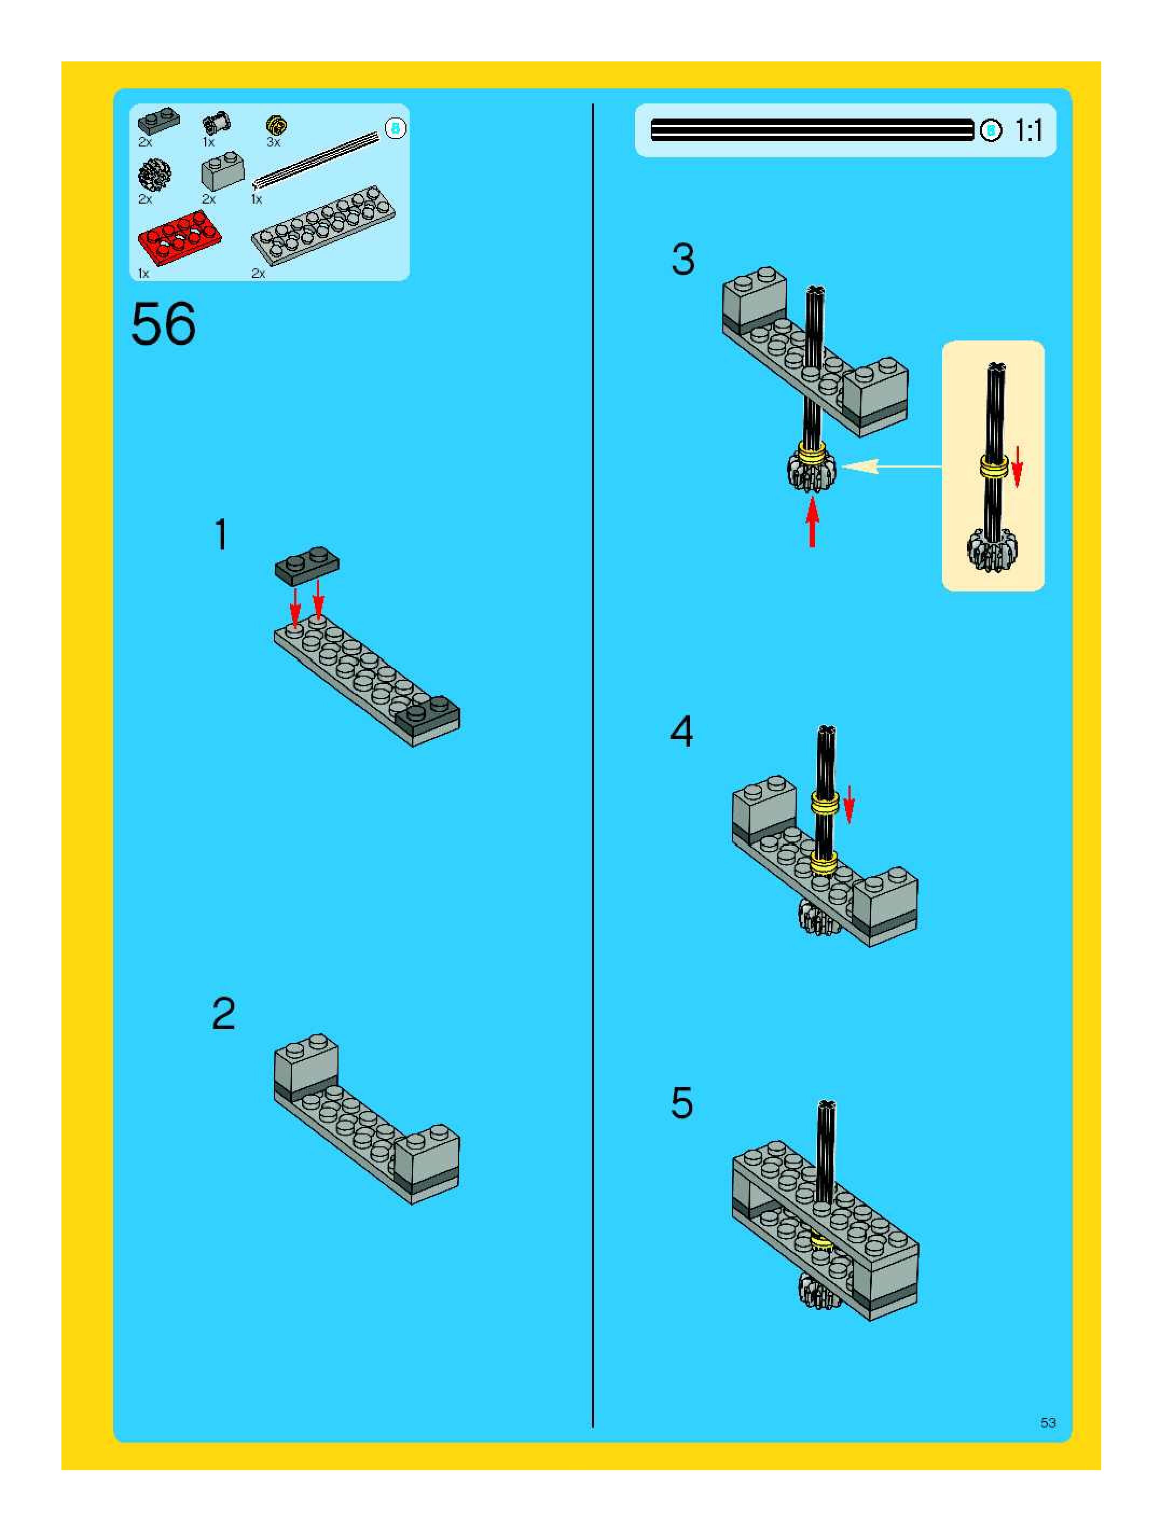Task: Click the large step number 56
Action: [x=163, y=324]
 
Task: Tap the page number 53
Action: [x=1047, y=1422]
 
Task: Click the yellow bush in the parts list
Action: [x=277, y=126]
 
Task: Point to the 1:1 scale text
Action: [x=1028, y=130]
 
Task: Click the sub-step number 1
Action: [x=222, y=534]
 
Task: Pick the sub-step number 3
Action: [x=683, y=260]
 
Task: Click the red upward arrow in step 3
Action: [x=812, y=523]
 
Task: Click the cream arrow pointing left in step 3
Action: [x=892, y=467]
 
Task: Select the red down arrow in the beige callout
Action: [x=1017, y=467]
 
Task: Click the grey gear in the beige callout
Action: [x=992, y=549]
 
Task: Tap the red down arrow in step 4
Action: [x=849, y=805]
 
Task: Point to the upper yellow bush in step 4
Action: [x=825, y=803]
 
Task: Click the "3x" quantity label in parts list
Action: [x=273, y=142]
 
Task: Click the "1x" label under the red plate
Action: [x=143, y=274]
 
